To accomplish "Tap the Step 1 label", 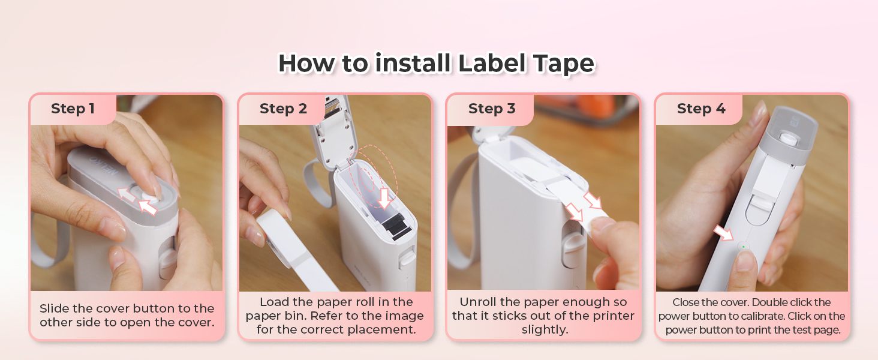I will [x=73, y=109].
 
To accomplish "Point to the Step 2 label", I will [x=283, y=109].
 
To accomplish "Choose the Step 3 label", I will [x=492, y=109].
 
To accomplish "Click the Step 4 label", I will [x=700, y=109].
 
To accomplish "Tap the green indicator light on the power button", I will [x=743, y=246].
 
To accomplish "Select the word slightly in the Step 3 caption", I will [x=545, y=330].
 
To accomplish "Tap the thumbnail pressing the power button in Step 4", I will [x=746, y=260].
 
